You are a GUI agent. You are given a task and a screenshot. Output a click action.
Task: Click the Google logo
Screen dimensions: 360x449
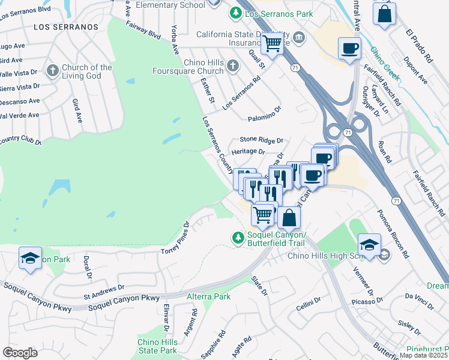pos(20,353)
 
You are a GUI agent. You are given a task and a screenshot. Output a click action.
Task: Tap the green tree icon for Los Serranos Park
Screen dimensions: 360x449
pos(236,12)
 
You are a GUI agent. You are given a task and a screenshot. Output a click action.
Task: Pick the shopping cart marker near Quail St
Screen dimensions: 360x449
pos(273,43)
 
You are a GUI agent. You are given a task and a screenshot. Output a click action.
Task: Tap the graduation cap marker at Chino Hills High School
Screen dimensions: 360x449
pos(369,244)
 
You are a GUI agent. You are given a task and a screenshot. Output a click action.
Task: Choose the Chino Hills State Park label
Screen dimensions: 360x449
pos(157,346)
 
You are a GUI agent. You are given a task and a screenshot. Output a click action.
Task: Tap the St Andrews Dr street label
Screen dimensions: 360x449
pos(104,292)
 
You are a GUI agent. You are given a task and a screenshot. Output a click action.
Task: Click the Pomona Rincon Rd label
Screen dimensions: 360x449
pos(393,233)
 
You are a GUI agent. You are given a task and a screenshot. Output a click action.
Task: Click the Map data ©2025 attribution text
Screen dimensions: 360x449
pos(424,355)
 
